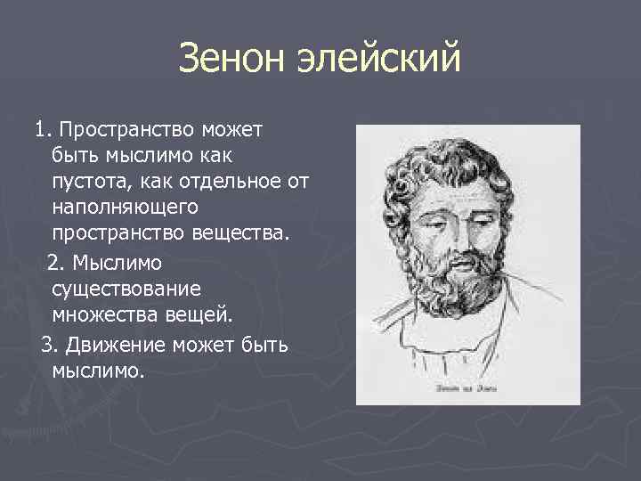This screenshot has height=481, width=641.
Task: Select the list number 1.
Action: click(x=41, y=131)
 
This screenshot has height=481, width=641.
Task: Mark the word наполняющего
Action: click(x=124, y=208)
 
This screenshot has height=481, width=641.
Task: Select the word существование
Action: click(x=126, y=288)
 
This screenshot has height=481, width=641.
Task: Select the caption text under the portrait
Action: click(x=467, y=388)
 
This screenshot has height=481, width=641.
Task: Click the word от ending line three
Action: click(x=296, y=183)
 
